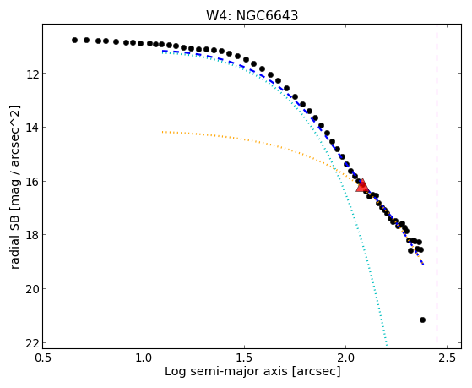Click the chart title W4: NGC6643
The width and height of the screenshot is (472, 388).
[x=252, y=15]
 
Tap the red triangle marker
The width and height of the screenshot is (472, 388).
[x=362, y=185]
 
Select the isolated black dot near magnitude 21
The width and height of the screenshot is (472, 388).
[x=422, y=320]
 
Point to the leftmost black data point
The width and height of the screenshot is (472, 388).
[x=74, y=40]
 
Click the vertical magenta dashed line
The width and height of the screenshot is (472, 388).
[x=437, y=186]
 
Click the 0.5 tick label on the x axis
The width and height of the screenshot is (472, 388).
[x=43, y=358]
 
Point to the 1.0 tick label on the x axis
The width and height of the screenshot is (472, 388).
[x=144, y=358]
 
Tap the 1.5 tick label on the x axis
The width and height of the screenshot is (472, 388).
[x=245, y=358]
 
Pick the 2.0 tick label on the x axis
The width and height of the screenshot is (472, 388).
[x=346, y=358]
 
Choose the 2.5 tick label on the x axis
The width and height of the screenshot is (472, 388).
[x=447, y=358]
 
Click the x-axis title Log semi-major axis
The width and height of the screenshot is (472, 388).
[x=225, y=372]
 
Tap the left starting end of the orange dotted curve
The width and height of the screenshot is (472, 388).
[x=163, y=132]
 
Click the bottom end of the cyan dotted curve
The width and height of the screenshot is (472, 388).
[x=387, y=346]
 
